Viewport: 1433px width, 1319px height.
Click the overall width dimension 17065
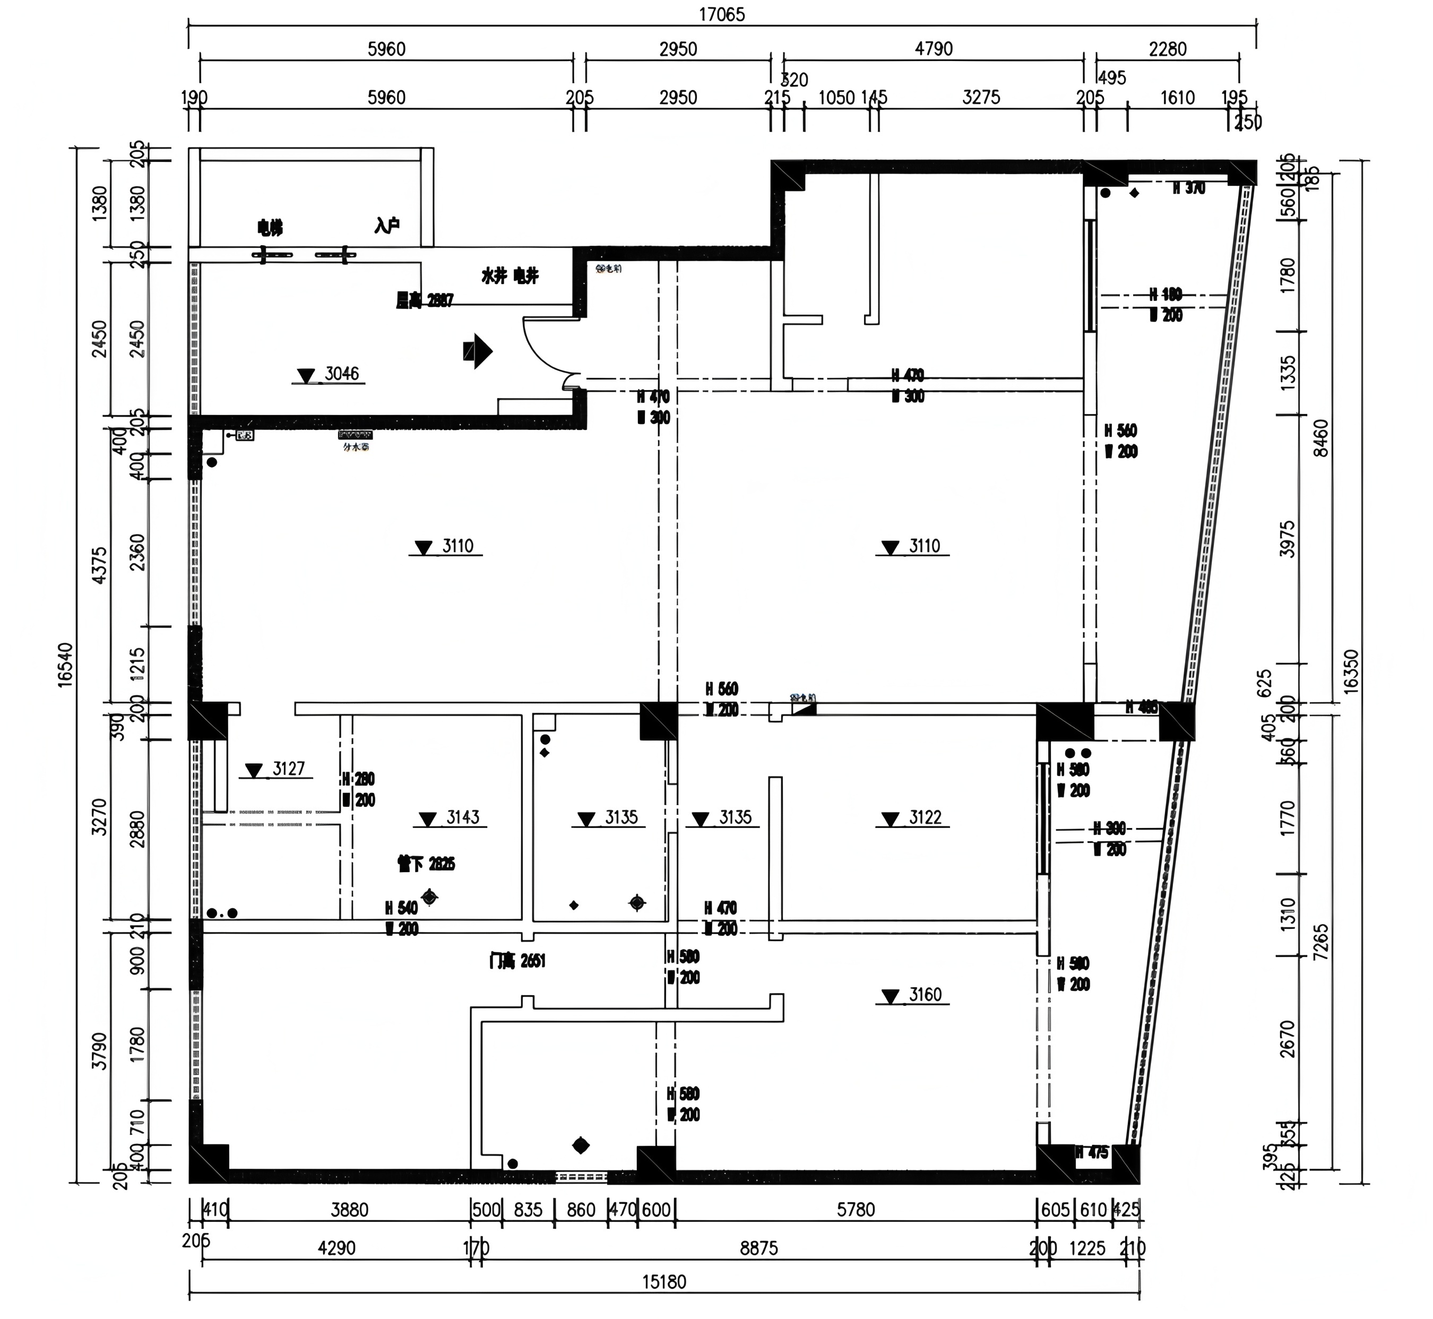[721, 15]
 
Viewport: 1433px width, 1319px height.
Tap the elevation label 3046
[341, 373]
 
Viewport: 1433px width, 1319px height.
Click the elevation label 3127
[288, 768]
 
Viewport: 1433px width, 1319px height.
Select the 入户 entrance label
[386, 226]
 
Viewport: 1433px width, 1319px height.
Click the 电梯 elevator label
[270, 228]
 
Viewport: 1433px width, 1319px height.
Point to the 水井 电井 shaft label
[510, 275]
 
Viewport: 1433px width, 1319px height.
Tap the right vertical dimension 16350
[1350, 671]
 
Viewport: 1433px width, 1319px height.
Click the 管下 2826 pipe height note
[426, 864]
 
